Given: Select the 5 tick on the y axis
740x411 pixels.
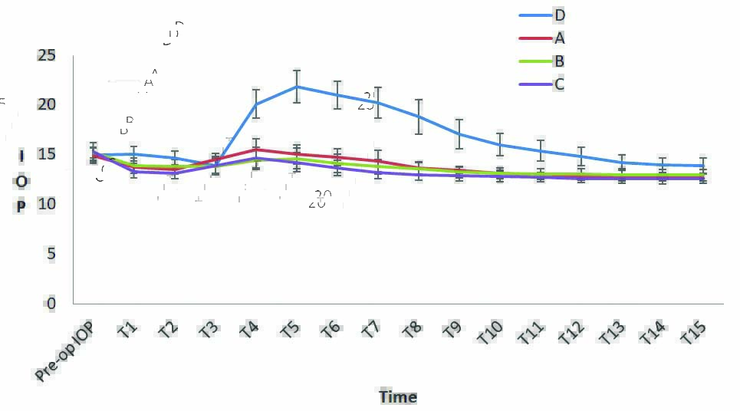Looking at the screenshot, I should pyautogui.click(x=51, y=254).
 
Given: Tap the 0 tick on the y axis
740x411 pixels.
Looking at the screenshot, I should pyautogui.click(x=51, y=304).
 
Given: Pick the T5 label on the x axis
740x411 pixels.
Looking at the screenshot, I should pyautogui.click(x=290, y=330).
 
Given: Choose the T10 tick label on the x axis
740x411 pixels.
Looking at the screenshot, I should pyautogui.click(x=490, y=333).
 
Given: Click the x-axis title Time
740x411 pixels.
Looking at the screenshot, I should pyautogui.click(x=398, y=396).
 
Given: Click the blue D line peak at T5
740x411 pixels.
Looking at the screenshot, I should pyautogui.click(x=296, y=87).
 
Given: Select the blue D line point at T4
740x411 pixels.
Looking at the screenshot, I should pyautogui.click(x=256, y=104).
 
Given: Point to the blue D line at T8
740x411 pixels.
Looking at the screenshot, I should pyautogui.click(x=418, y=117).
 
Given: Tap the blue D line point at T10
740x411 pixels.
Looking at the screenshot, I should pyautogui.click(x=499, y=144).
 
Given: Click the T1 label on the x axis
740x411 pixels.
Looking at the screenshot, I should pyautogui.click(x=128, y=330).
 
